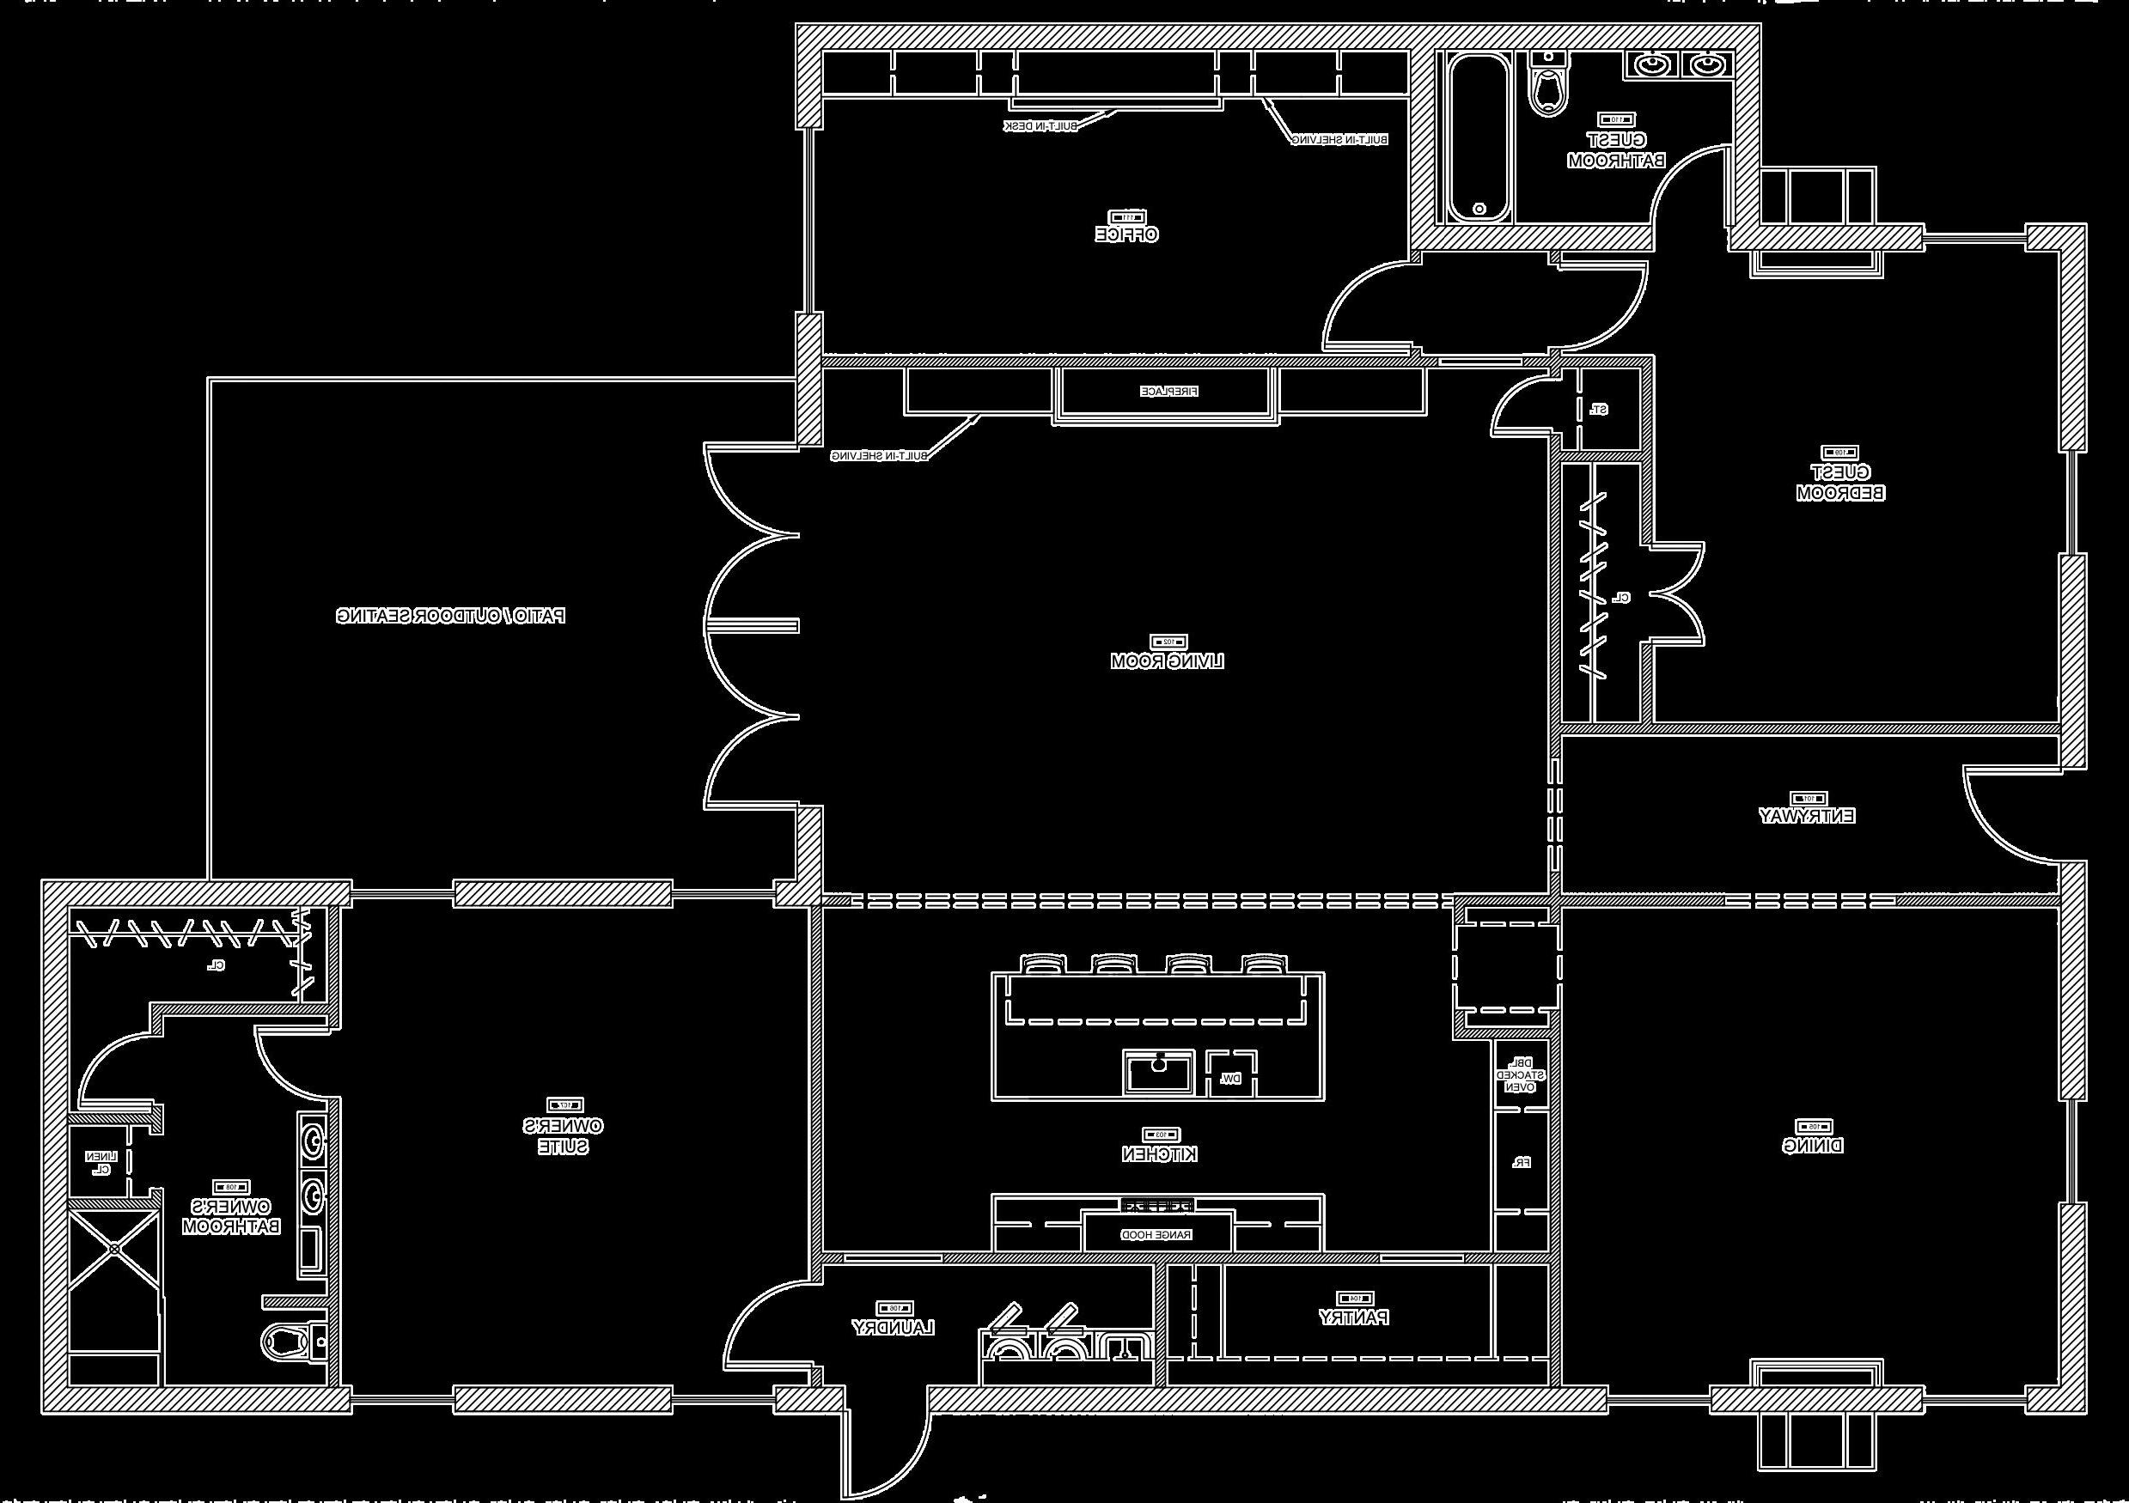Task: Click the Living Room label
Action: pyautogui.click(x=1167, y=661)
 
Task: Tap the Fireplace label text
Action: pyautogui.click(x=1168, y=392)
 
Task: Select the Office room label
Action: pyautogui.click(x=1126, y=234)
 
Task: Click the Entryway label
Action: pyautogui.click(x=1807, y=816)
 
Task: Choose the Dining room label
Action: pyautogui.click(x=1813, y=1146)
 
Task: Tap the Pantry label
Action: pyautogui.click(x=1354, y=1317)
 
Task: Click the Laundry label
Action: pyautogui.click(x=893, y=1328)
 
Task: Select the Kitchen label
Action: pyautogui.click(x=1159, y=1154)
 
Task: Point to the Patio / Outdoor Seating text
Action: pyautogui.click(x=451, y=616)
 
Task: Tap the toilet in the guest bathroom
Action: pyautogui.click(x=1546, y=88)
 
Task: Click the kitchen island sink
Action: pyautogui.click(x=1159, y=1073)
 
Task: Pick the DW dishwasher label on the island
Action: pyautogui.click(x=1230, y=1079)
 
